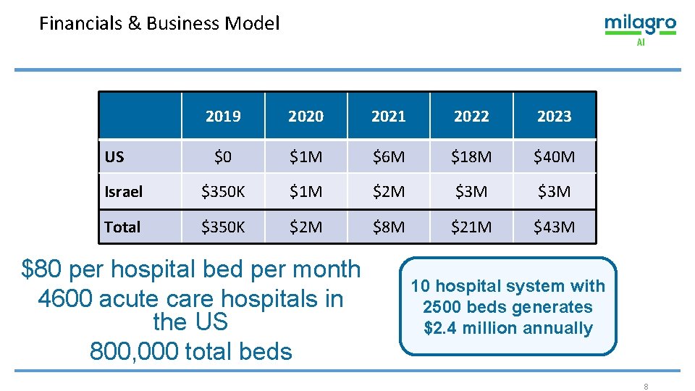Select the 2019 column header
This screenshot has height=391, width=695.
pyautogui.click(x=223, y=116)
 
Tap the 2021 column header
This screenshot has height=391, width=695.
pyautogui.click(x=389, y=116)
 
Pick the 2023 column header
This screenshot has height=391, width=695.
pyautogui.click(x=555, y=116)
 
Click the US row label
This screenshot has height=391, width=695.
pyautogui.click(x=114, y=156)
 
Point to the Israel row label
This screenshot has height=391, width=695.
pyautogui.click(x=124, y=192)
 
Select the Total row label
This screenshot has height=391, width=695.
pyautogui.click(x=122, y=227)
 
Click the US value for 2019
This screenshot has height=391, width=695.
pyautogui.click(x=223, y=156)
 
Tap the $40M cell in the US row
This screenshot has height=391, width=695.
pyautogui.click(x=555, y=156)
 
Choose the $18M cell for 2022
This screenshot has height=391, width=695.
pyautogui.click(x=471, y=156)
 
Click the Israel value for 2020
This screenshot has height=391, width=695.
pyautogui.click(x=306, y=192)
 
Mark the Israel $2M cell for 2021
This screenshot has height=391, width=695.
pyautogui.click(x=389, y=192)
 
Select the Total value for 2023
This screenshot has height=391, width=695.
pyautogui.click(x=555, y=227)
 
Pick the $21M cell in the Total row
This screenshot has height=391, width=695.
pyautogui.click(x=471, y=227)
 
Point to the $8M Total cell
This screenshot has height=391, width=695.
pyautogui.click(x=389, y=227)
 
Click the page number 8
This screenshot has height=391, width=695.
pyautogui.click(x=646, y=387)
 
